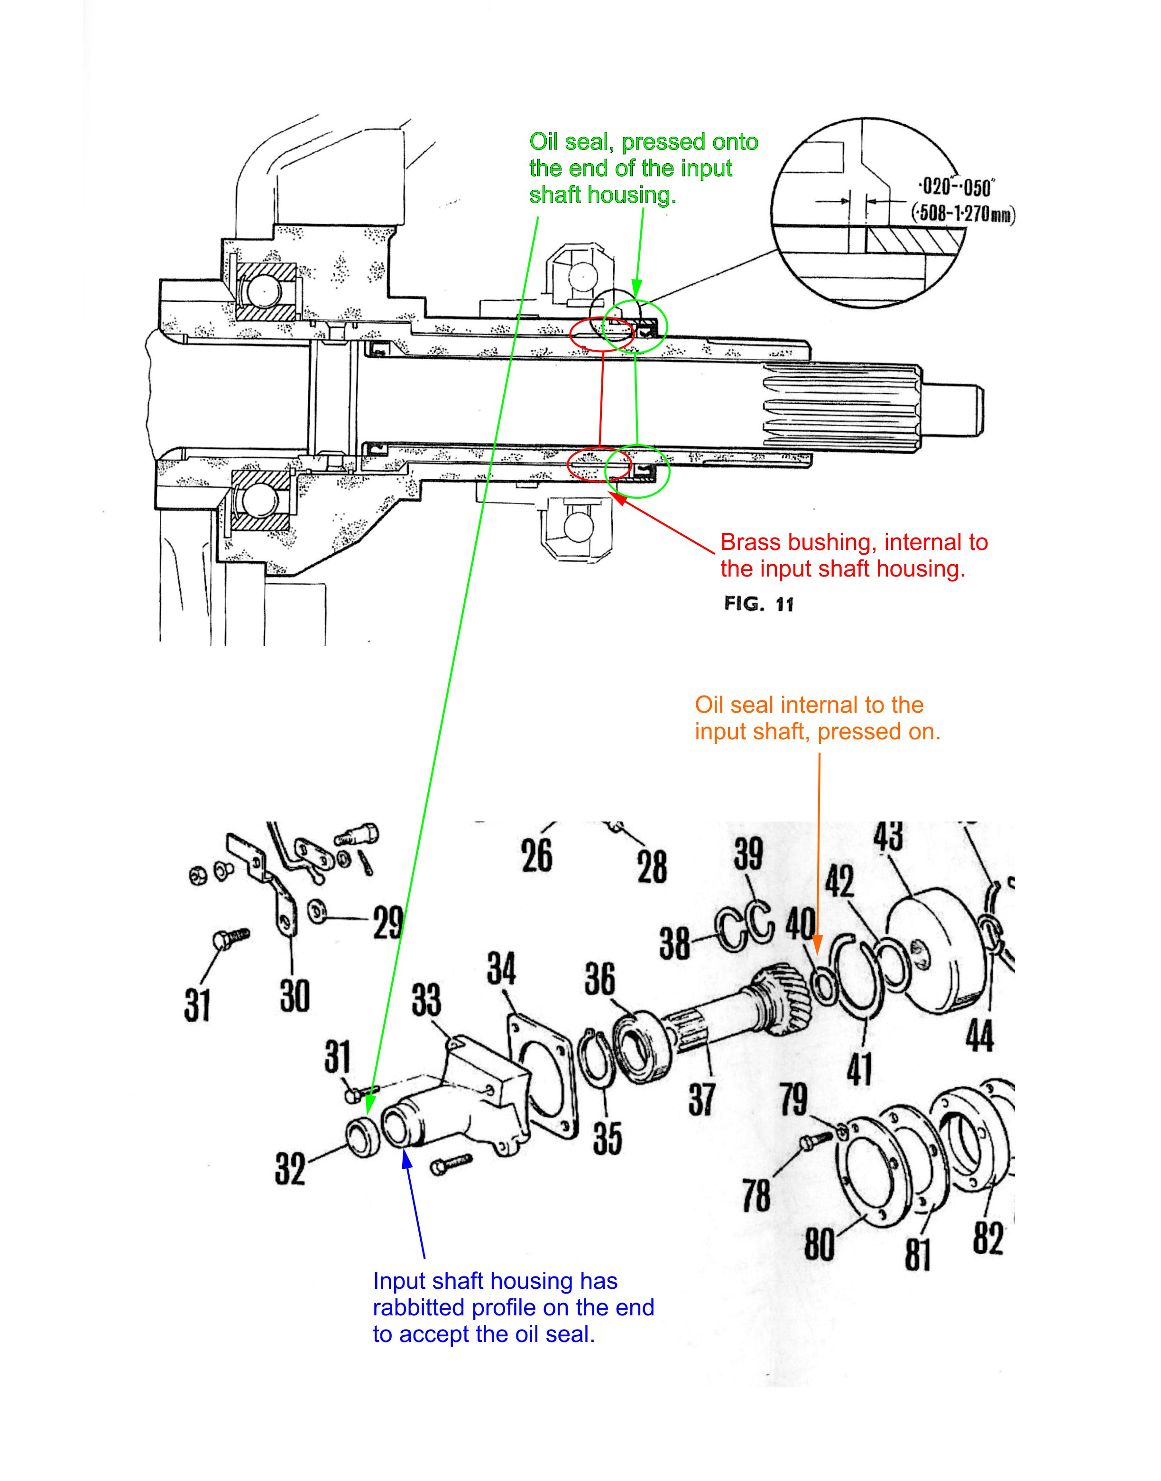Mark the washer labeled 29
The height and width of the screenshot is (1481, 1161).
[x=315, y=911]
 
